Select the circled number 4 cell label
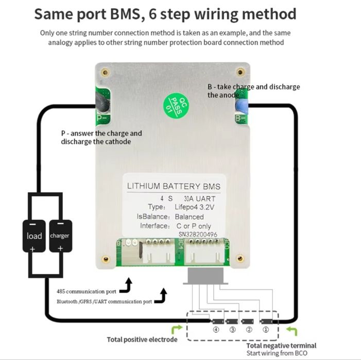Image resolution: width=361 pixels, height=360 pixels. coord(217,329)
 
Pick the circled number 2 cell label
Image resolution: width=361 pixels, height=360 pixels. coord(250,329)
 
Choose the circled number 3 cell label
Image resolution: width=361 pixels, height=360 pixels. coord(233,329)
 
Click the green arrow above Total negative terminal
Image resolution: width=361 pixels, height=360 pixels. coord(291,330)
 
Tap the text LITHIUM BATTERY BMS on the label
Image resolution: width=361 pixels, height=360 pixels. coord(173,186)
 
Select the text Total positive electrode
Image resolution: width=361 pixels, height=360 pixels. coord(142,339)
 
